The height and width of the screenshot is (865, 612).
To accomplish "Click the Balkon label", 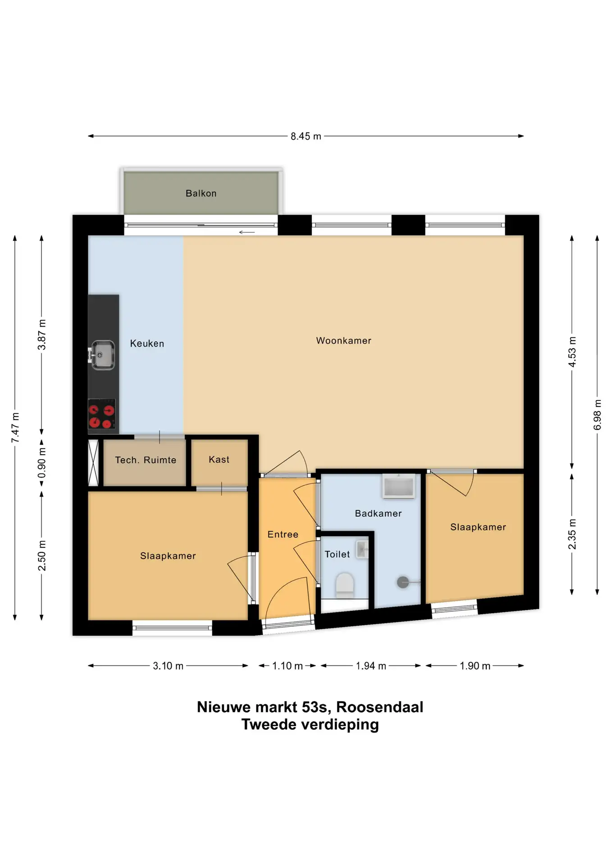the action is coord(201,193).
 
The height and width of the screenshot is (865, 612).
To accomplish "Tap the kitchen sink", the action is coord(102,355).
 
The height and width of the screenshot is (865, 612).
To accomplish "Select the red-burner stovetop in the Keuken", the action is coord(102,414).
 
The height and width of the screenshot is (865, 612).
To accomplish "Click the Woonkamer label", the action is coord(343,341).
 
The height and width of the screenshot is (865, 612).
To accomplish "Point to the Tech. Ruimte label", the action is coord(146,460).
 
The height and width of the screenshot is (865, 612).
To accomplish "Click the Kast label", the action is coord(219,460).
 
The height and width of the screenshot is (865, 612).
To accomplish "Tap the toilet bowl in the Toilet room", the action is coord(345,585).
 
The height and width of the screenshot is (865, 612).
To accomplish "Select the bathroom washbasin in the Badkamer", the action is coord(398,486).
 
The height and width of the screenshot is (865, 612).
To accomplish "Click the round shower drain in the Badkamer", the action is coord(402,583).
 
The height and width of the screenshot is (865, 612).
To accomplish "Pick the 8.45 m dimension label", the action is coord(306,136).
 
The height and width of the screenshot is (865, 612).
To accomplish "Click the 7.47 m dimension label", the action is coord(15,427).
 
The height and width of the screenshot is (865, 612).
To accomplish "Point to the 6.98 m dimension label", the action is coord(598,414).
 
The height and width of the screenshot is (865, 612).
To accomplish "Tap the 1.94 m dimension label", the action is coord(371,666).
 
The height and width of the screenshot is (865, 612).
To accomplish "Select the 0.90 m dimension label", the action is coord(42,463).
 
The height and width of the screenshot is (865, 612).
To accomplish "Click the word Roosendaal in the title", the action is coord(379,707).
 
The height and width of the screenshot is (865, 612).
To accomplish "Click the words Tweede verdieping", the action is coord(310,724).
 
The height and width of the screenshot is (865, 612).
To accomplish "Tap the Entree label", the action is coord(283,534).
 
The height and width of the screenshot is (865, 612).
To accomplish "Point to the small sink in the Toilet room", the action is coord(362,550).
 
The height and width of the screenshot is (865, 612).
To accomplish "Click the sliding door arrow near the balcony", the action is coord(247,232).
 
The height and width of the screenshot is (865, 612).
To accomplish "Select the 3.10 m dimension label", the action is coord(168,666).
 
